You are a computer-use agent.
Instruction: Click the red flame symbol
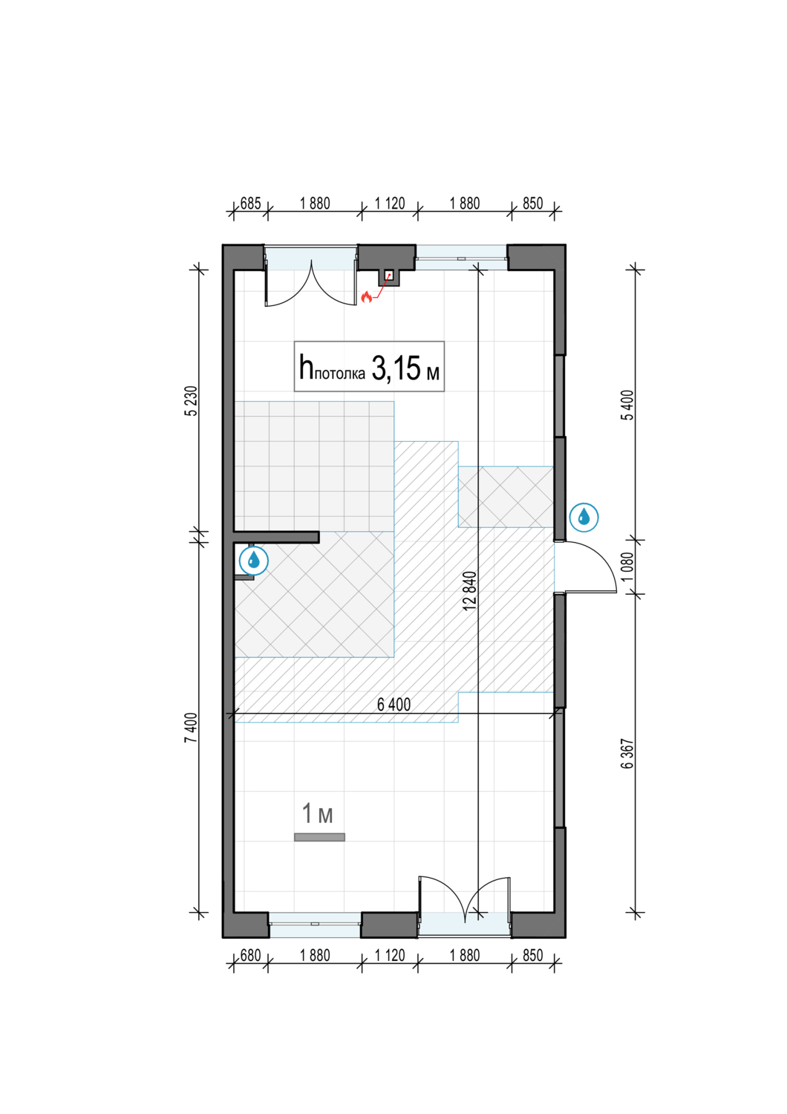click(x=367, y=297)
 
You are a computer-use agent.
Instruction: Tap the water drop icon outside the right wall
click(x=584, y=517)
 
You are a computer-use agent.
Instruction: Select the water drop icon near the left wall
click(x=254, y=561)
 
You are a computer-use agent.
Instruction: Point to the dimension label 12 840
click(x=468, y=590)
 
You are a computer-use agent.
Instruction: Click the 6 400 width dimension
click(x=393, y=704)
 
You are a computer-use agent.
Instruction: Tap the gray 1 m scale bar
click(x=319, y=837)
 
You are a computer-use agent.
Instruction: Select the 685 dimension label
click(x=250, y=203)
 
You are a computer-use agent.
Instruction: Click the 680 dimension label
click(x=250, y=955)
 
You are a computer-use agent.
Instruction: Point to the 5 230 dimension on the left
click(x=191, y=401)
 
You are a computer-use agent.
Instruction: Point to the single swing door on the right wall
click(x=586, y=567)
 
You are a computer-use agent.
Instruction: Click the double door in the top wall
click(x=311, y=281)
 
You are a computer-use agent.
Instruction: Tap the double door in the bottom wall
click(x=464, y=906)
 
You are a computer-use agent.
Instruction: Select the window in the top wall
click(x=461, y=258)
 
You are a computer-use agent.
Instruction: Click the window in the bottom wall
click(x=315, y=925)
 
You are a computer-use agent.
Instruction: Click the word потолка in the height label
click(x=340, y=374)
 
